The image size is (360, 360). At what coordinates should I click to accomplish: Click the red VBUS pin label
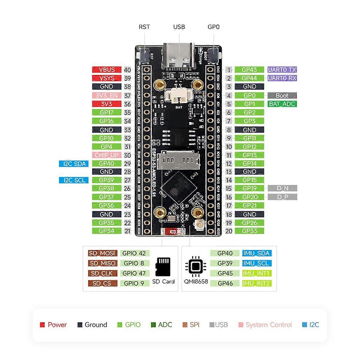[x=106, y=70]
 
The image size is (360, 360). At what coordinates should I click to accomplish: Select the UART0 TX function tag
[x=282, y=70]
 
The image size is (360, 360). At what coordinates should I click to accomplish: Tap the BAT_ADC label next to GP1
[x=282, y=104]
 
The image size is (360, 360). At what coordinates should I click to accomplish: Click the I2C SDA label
[x=74, y=164]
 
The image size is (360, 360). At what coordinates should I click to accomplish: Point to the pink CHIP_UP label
[x=106, y=155]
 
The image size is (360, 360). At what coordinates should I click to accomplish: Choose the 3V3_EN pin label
[x=106, y=95]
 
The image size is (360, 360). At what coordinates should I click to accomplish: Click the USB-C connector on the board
[x=179, y=55]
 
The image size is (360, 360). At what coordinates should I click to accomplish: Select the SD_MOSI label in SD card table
[x=103, y=253]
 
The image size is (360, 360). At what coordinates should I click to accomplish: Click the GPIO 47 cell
[x=134, y=273]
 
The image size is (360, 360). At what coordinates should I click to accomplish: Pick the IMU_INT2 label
[x=256, y=283]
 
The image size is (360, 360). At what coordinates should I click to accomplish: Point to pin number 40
[x=127, y=70]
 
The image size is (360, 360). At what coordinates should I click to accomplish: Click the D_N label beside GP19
[x=282, y=188]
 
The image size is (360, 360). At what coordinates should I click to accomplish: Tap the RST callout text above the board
[x=144, y=27]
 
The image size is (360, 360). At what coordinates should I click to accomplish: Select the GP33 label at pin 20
[x=249, y=231]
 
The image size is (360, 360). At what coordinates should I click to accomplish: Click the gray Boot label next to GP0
[x=282, y=95]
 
